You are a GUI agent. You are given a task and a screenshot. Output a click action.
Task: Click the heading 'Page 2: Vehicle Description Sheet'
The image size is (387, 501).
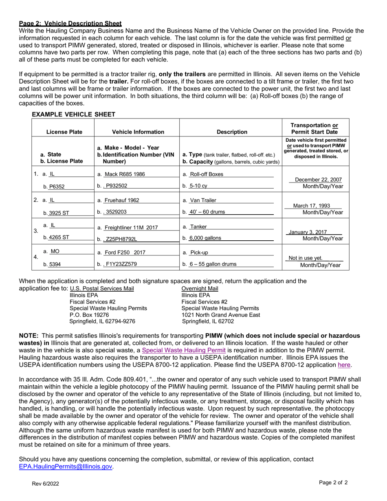click(x=70, y=24)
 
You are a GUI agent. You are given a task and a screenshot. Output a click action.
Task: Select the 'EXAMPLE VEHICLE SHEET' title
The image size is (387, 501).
click(x=73, y=114)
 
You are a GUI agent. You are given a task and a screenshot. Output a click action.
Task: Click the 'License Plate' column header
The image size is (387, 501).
click(x=64, y=132)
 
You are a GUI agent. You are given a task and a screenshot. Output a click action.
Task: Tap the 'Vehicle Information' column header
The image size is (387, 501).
click(x=138, y=132)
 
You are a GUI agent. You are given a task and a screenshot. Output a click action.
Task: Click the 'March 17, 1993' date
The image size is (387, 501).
click(x=312, y=206)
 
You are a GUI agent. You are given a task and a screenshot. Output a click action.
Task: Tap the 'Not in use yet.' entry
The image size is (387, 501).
click(x=306, y=258)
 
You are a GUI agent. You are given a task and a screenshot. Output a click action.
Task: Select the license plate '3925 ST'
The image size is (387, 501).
click(x=59, y=212)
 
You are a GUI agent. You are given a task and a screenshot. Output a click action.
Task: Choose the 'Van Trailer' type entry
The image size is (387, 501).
click(x=203, y=200)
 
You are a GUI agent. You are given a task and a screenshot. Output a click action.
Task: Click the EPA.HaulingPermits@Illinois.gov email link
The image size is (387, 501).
click(x=66, y=467)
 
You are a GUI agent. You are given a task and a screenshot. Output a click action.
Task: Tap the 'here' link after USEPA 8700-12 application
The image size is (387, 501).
click(x=344, y=365)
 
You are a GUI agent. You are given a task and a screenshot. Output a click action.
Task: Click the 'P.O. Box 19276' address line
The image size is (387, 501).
click(x=89, y=315)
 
